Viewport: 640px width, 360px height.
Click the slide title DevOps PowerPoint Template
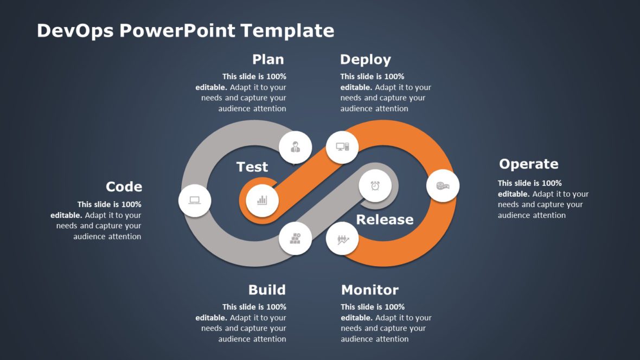185,30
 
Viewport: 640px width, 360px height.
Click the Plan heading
268,59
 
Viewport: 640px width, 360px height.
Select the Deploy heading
365,59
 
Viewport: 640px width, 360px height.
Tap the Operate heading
528,164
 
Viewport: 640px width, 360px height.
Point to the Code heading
124,187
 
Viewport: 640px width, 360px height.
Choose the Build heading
267,290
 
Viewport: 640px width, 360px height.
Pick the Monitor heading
369,290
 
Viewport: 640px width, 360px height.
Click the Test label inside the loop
252,167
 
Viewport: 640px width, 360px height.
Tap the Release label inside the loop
385,219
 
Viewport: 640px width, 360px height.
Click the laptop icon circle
195,201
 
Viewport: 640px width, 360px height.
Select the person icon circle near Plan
295,147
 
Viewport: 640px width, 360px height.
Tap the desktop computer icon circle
342,147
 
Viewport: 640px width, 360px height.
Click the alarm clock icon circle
375,186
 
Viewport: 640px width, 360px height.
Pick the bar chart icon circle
263,201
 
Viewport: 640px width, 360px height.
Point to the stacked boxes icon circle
295,239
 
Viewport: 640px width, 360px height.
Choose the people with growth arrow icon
342,239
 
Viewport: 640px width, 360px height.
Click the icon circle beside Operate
443,186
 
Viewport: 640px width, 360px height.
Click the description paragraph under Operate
543,199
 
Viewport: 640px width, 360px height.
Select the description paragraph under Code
96,220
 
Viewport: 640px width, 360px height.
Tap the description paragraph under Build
241,323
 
